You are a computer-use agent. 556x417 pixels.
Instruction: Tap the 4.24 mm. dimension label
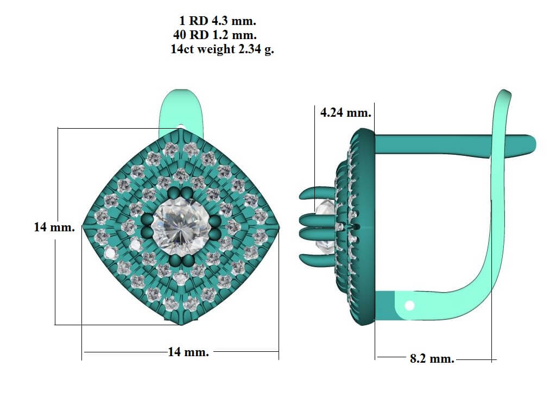345,112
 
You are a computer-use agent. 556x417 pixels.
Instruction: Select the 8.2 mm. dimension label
432,358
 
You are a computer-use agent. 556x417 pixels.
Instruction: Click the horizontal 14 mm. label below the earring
188,352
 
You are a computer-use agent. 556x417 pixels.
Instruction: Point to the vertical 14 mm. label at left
54,227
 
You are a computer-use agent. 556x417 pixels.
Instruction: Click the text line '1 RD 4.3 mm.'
217,21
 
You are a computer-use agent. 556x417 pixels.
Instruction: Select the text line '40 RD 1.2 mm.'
215,35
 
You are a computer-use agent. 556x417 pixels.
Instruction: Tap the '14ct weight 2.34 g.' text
222,49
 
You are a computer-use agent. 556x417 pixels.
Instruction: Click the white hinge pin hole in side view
409,305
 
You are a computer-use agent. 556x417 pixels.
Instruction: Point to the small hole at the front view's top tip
181,126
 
